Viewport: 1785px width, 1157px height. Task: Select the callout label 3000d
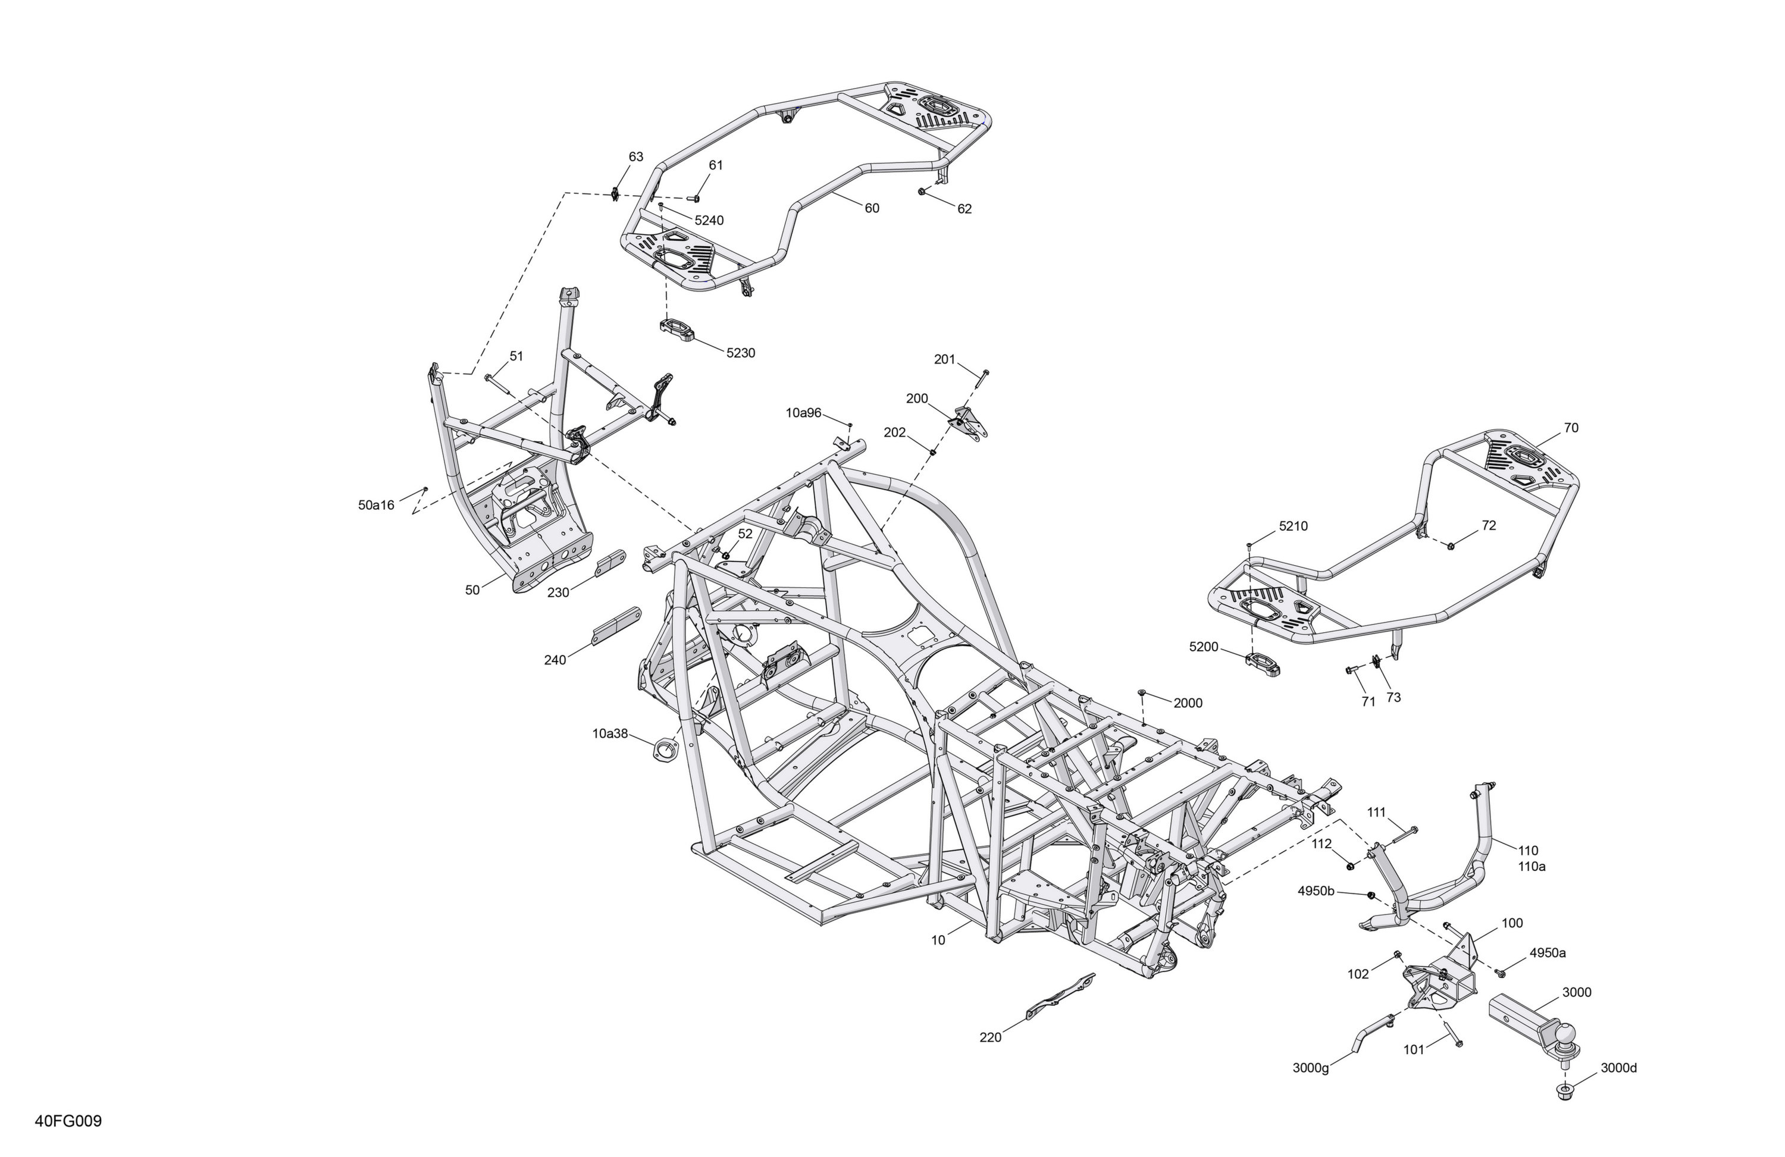1618,1068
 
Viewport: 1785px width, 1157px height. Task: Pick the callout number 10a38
610,733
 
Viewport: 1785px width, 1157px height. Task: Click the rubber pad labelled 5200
1263,662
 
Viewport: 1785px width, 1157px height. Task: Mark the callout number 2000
1187,703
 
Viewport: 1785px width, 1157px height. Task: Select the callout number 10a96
804,412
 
